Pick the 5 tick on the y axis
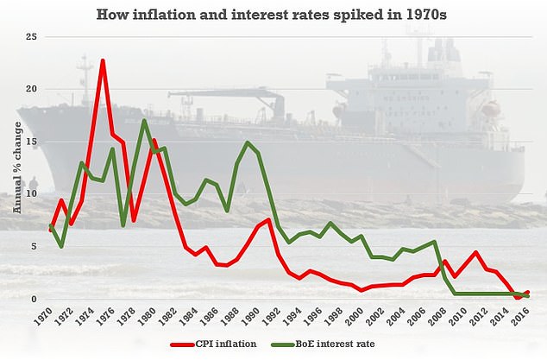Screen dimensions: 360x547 tap(34, 247)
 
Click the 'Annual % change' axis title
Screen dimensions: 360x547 tap(16, 168)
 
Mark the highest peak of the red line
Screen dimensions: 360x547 tap(103, 60)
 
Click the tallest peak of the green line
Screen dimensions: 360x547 tap(144, 120)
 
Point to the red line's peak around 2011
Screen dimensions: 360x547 tap(476, 252)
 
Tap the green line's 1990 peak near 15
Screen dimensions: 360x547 tap(248, 142)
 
